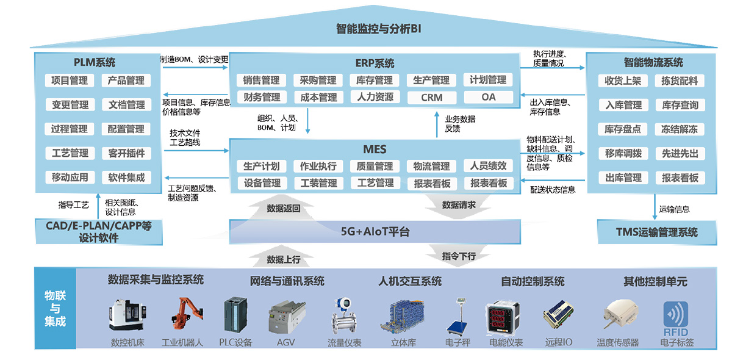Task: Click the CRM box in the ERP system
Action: (432, 98)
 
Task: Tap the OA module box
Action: (488, 97)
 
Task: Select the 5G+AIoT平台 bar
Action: (375, 231)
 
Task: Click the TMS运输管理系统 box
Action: (657, 232)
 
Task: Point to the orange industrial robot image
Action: (187, 313)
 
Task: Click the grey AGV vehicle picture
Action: (287, 317)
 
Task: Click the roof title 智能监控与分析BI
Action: (378, 29)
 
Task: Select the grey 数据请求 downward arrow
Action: (458, 206)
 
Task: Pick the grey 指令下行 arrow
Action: (458, 256)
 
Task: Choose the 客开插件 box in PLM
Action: (126, 153)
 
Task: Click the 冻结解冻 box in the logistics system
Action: (680, 129)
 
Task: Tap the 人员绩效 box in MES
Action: (488, 166)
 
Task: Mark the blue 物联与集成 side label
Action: (56, 308)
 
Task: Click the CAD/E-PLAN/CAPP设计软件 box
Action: (99, 232)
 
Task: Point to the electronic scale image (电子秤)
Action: (457, 316)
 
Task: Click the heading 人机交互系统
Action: (410, 281)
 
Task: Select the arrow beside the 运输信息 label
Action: (655, 207)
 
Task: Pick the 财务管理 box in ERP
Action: (262, 97)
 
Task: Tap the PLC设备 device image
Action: (235, 315)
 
